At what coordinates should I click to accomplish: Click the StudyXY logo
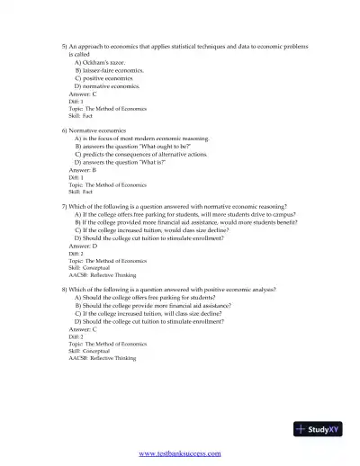pos(320,428)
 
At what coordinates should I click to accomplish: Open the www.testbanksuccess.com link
pos(180,453)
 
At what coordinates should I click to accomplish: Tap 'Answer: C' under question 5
pos(83,93)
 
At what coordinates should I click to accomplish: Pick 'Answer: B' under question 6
pos(83,170)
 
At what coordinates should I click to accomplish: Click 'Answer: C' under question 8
pos(83,328)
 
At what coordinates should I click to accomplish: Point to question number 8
pos(64,289)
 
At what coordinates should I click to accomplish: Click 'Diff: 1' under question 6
pos(76,177)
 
